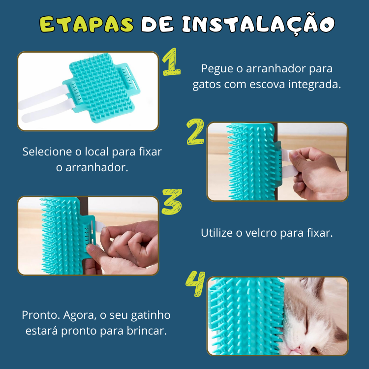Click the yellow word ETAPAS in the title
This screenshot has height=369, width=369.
point(87,24)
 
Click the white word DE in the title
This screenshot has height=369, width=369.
point(157,24)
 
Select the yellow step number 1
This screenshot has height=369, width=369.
point(172,61)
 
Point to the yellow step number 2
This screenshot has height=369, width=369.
point(195,131)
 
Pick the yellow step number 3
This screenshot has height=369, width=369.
point(172,202)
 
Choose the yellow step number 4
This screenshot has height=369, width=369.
point(195,283)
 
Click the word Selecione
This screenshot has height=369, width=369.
point(47,152)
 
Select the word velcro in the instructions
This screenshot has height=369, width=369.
point(261,233)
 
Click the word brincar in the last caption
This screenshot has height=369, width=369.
point(147,331)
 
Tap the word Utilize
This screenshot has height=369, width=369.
point(217,233)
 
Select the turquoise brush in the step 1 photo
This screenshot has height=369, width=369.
point(101,88)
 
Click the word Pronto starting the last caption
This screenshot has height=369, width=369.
point(41,315)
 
